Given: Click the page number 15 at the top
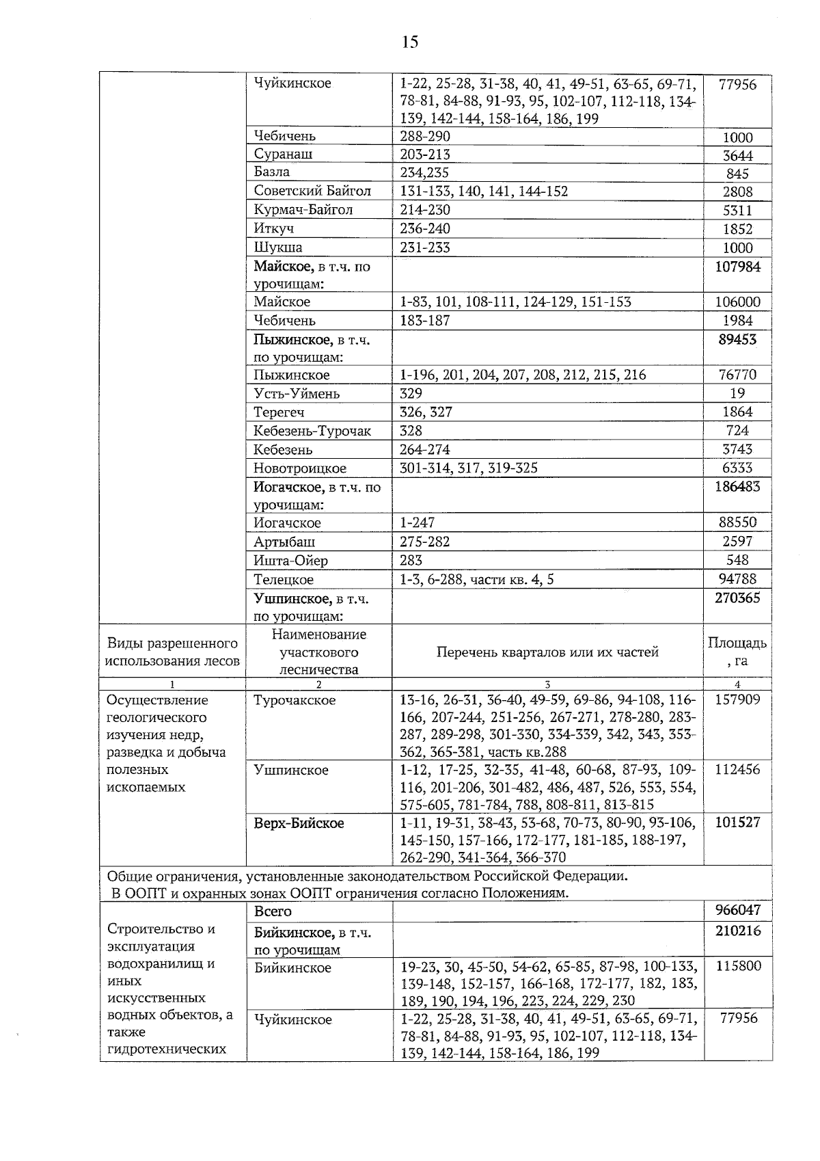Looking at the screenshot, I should [409, 42].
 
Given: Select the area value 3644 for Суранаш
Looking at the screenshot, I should [737, 155].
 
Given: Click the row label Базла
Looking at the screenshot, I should [271, 172].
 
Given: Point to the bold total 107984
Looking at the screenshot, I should [737, 267].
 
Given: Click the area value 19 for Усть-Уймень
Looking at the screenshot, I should [737, 393].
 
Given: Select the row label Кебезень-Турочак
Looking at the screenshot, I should [312, 431].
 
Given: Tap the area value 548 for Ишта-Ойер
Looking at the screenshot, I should [737, 560].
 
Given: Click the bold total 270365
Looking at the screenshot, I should [737, 598].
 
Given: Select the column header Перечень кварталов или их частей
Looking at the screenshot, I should [547, 652].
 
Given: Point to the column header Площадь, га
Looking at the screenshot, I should [737, 652].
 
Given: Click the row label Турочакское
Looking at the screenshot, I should [295, 700].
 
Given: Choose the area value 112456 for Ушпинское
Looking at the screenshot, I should [737, 770].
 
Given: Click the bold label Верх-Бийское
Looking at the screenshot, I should [299, 823].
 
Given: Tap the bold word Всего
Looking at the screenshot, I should [273, 911].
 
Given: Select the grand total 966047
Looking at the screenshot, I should [737, 911].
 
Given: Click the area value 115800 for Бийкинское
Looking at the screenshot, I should [737, 967].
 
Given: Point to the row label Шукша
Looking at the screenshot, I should [277, 247].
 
